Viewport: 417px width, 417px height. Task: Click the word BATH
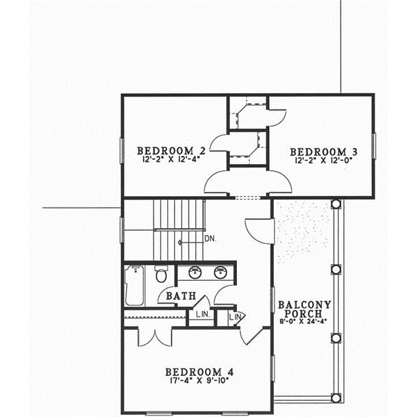click(x=180, y=297)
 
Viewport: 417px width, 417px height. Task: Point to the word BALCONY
click(x=303, y=304)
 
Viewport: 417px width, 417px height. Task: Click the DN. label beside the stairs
click(x=211, y=240)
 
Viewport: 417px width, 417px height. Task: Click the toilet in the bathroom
click(x=161, y=275)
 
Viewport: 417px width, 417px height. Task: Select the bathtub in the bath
click(x=134, y=286)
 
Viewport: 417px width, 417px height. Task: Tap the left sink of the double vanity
click(x=195, y=272)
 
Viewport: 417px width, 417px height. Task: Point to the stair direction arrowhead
click(x=181, y=242)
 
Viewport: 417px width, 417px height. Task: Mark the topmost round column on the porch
click(x=336, y=204)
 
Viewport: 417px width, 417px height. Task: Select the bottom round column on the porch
click(x=336, y=398)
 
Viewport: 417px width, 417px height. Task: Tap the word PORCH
click(x=303, y=314)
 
